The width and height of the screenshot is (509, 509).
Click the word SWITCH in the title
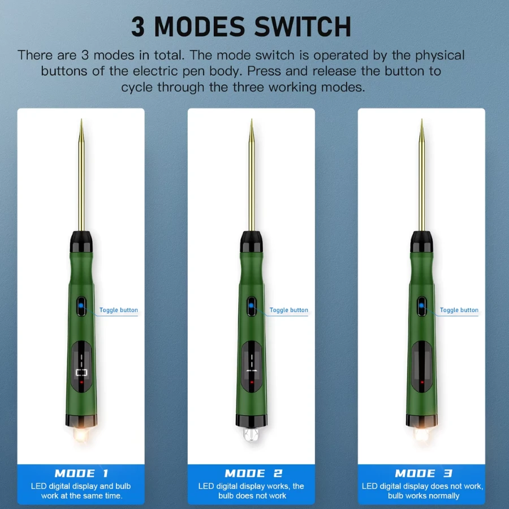click(x=303, y=27)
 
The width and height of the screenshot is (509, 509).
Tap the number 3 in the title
click(x=138, y=27)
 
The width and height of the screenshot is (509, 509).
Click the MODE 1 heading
click(x=81, y=473)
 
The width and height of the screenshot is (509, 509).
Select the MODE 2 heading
click(x=253, y=473)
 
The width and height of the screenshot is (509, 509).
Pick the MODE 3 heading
click(x=423, y=473)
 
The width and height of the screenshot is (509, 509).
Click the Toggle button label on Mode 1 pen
click(x=119, y=310)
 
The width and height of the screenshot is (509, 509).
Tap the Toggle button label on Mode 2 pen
click(x=289, y=310)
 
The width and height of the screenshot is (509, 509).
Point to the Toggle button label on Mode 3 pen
click(x=459, y=310)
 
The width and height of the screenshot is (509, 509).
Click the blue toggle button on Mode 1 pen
click(x=81, y=306)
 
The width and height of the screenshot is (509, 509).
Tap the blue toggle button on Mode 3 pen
click(x=422, y=306)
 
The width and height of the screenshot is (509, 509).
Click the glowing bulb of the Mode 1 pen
click(x=81, y=434)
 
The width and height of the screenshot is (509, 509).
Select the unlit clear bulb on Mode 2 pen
click(x=251, y=434)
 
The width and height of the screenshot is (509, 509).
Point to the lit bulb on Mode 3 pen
click(x=422, y=434)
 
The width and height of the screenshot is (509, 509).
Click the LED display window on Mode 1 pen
click(x=81, y=366)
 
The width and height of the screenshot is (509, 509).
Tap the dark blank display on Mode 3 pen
click(x=422, y=366)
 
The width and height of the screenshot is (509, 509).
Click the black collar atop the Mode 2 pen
click(x=251, y=241)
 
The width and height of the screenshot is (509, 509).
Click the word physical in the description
click(x=440, y=55)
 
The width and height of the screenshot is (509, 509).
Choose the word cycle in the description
click(x=137, y=87)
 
